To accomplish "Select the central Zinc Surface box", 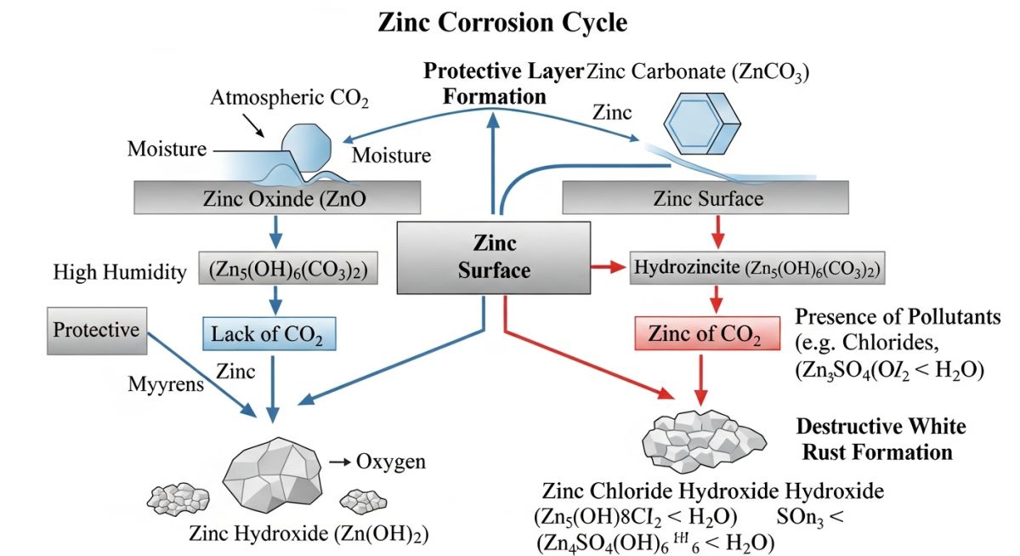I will pyautogui.click(x=495, y=258).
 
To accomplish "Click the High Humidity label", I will pyautogui.click(x=119, y=272).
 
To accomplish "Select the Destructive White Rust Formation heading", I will pyautogui.click(x=880, y=438).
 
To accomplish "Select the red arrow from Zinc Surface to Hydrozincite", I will pyautogui.click(x=608, y=269).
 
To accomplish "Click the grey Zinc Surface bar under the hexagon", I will pyautogui.click(x=707, y=199).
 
